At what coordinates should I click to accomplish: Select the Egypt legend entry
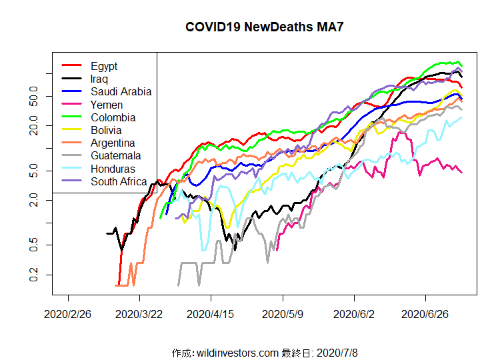click(x=104, y=66)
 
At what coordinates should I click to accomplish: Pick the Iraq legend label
click(x=99, y=79)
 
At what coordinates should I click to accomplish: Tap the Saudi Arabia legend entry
click(x=121, y=92)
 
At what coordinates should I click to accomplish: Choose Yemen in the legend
click(x=107, y=105)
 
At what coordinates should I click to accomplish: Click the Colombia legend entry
click(x=113, y=117)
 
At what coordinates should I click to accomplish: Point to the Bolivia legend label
click(x=107, y=130)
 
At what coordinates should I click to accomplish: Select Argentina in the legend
click(x=113, y=143)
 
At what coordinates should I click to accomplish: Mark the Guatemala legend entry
click(x=115, y=156)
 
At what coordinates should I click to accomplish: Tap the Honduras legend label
click(x=113, y=169)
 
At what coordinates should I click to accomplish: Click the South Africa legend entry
click(x=119, y=181)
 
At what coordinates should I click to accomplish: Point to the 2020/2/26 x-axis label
click(x=68, y=313)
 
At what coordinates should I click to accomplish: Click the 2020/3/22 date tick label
click(x=139, y=313)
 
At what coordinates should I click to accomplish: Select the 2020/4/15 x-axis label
click(x=211, y=313)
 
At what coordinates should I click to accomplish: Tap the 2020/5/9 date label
click(x=283, y=313)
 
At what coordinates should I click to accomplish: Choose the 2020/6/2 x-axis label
click(x=354, y=313)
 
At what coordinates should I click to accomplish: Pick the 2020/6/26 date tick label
click(x=425, y=313)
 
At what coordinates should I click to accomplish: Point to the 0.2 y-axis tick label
click(x=34, y=275)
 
